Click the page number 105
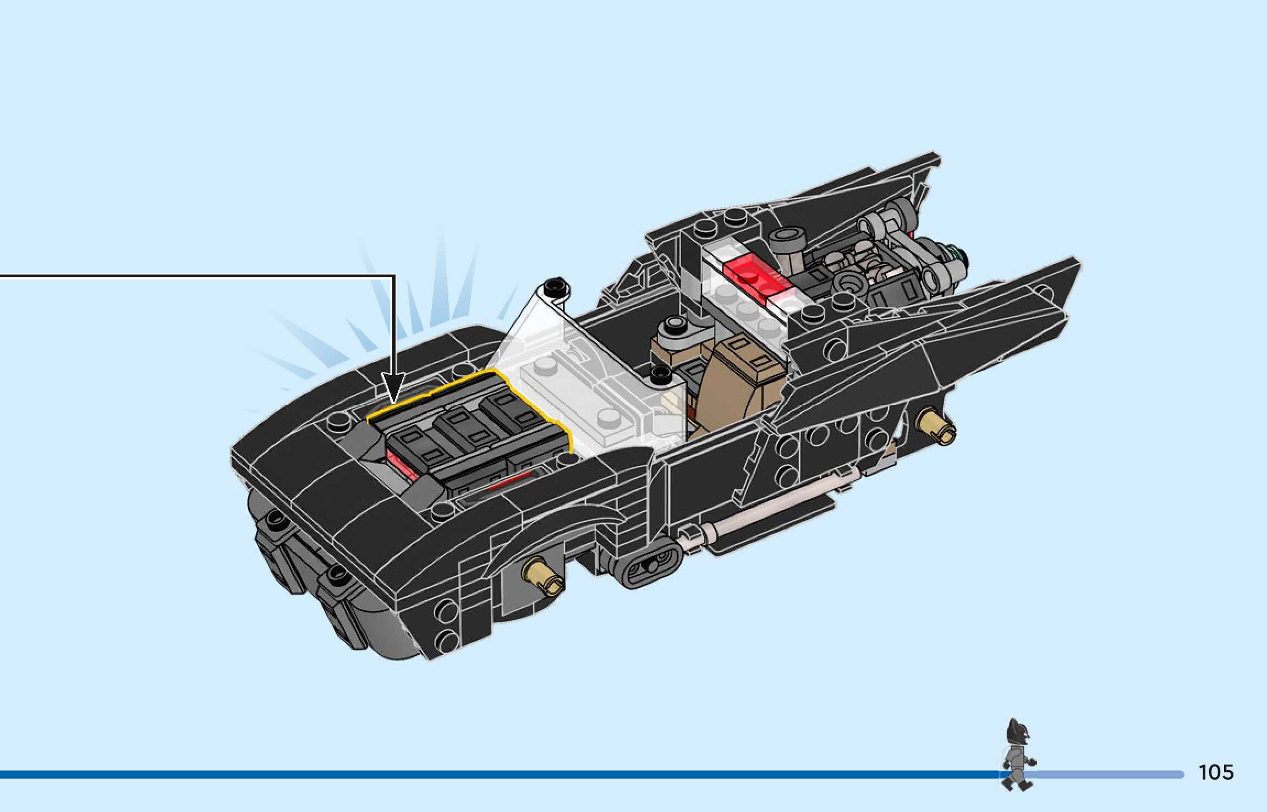[1216, 772]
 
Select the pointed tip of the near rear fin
[1076, 261]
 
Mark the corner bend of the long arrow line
[394, 277]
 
